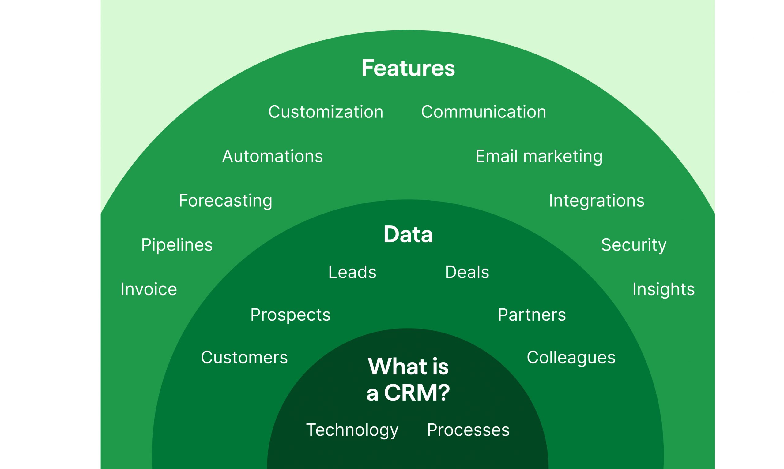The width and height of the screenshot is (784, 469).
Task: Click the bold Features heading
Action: coord(408,68)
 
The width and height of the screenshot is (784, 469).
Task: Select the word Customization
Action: coord(326,112)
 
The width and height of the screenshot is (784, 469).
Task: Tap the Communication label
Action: coord(484,112)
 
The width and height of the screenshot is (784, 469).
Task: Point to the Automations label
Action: coord(273,156)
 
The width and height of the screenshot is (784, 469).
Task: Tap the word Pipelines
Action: coord(177,245)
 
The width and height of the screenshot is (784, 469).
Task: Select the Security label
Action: coord(633,245)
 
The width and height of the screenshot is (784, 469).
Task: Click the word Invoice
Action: coord(149,289)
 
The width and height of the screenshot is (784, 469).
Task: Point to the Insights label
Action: coord(664,289)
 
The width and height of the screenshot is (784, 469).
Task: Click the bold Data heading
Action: coord(408,234)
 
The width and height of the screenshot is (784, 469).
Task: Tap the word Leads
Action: coord(352,272)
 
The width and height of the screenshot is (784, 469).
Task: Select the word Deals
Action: coord(467,272)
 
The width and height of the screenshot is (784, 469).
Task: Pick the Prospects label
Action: coord(290,315)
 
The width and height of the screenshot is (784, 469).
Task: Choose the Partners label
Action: coord(532,315)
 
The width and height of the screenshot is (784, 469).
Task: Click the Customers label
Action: coord(244,357)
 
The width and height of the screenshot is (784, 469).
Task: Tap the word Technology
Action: coord(352,430)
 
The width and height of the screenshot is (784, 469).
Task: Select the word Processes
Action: coord(468,430)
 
